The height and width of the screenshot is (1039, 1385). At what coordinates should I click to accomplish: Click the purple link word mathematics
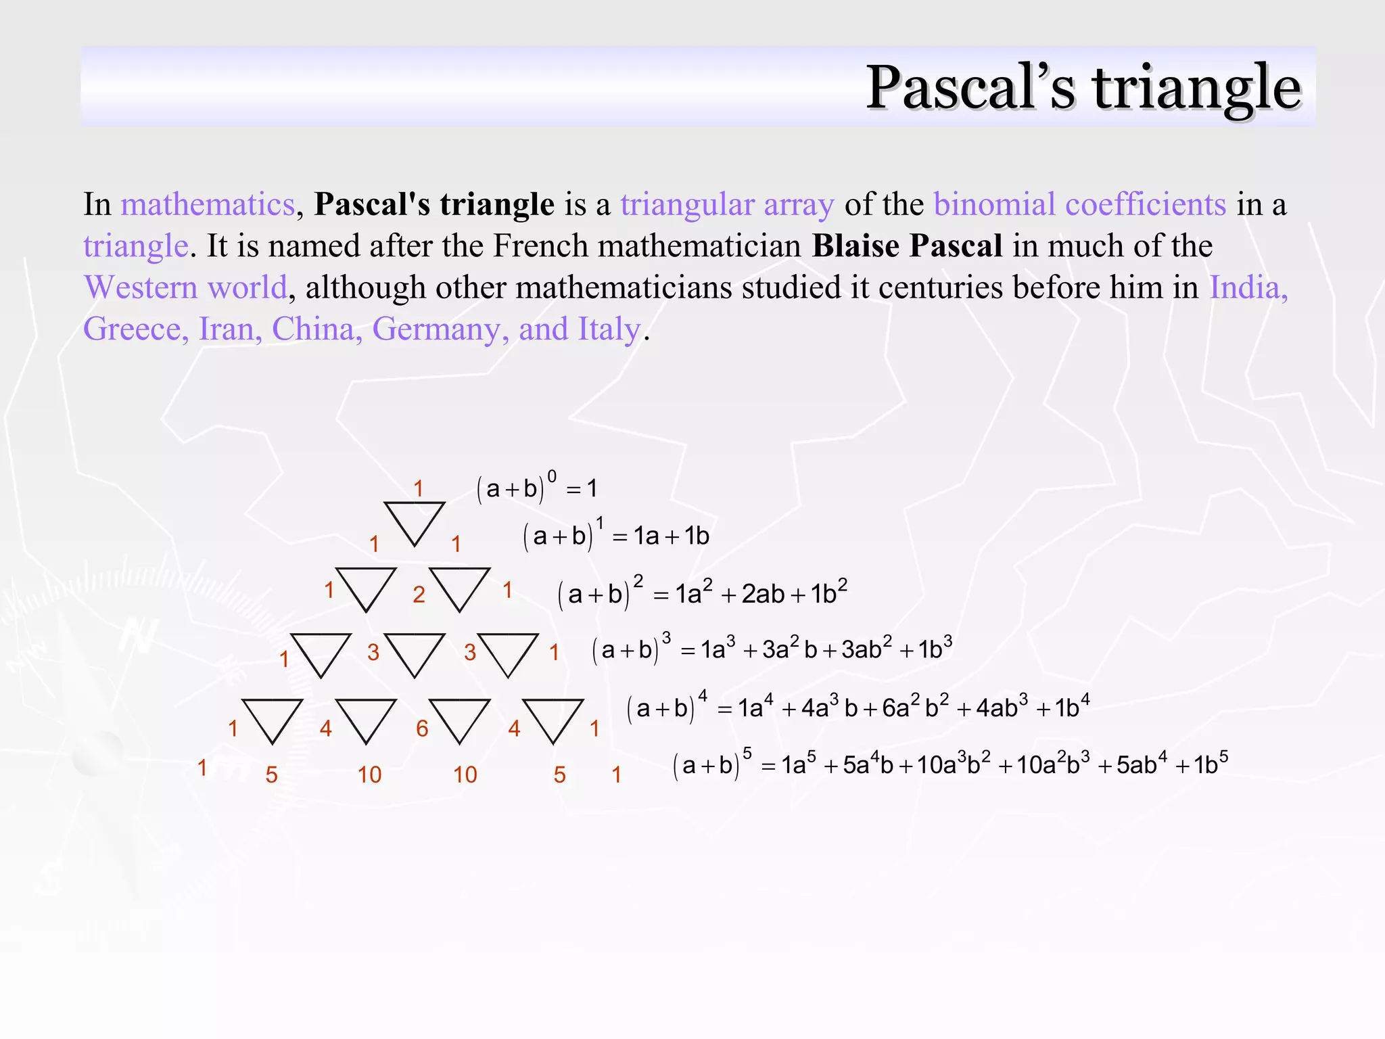[208, 204]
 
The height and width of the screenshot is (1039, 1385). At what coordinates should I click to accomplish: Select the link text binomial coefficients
[1079, 204]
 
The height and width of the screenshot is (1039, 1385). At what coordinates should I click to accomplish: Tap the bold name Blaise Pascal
[907, 246]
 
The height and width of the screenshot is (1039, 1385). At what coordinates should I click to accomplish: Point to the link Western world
[185, 287]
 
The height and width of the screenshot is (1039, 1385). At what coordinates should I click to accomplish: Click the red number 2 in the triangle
[419, 595]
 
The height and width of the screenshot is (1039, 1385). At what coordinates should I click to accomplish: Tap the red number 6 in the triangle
[422, 729]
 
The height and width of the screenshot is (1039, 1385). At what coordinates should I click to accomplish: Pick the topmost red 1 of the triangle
[419, 488]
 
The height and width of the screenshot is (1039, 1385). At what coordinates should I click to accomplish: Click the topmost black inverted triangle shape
[414, 522]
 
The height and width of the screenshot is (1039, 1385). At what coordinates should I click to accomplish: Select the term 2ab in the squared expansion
[763, 595]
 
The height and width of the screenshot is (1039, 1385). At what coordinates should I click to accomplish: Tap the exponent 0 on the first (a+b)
[552, 477]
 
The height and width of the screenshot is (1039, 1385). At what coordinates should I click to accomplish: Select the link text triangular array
[727, 204]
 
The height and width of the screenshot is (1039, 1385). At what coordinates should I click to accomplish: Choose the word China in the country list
[312, 329]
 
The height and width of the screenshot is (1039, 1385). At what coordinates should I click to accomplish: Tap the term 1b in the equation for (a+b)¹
[697, 536]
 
